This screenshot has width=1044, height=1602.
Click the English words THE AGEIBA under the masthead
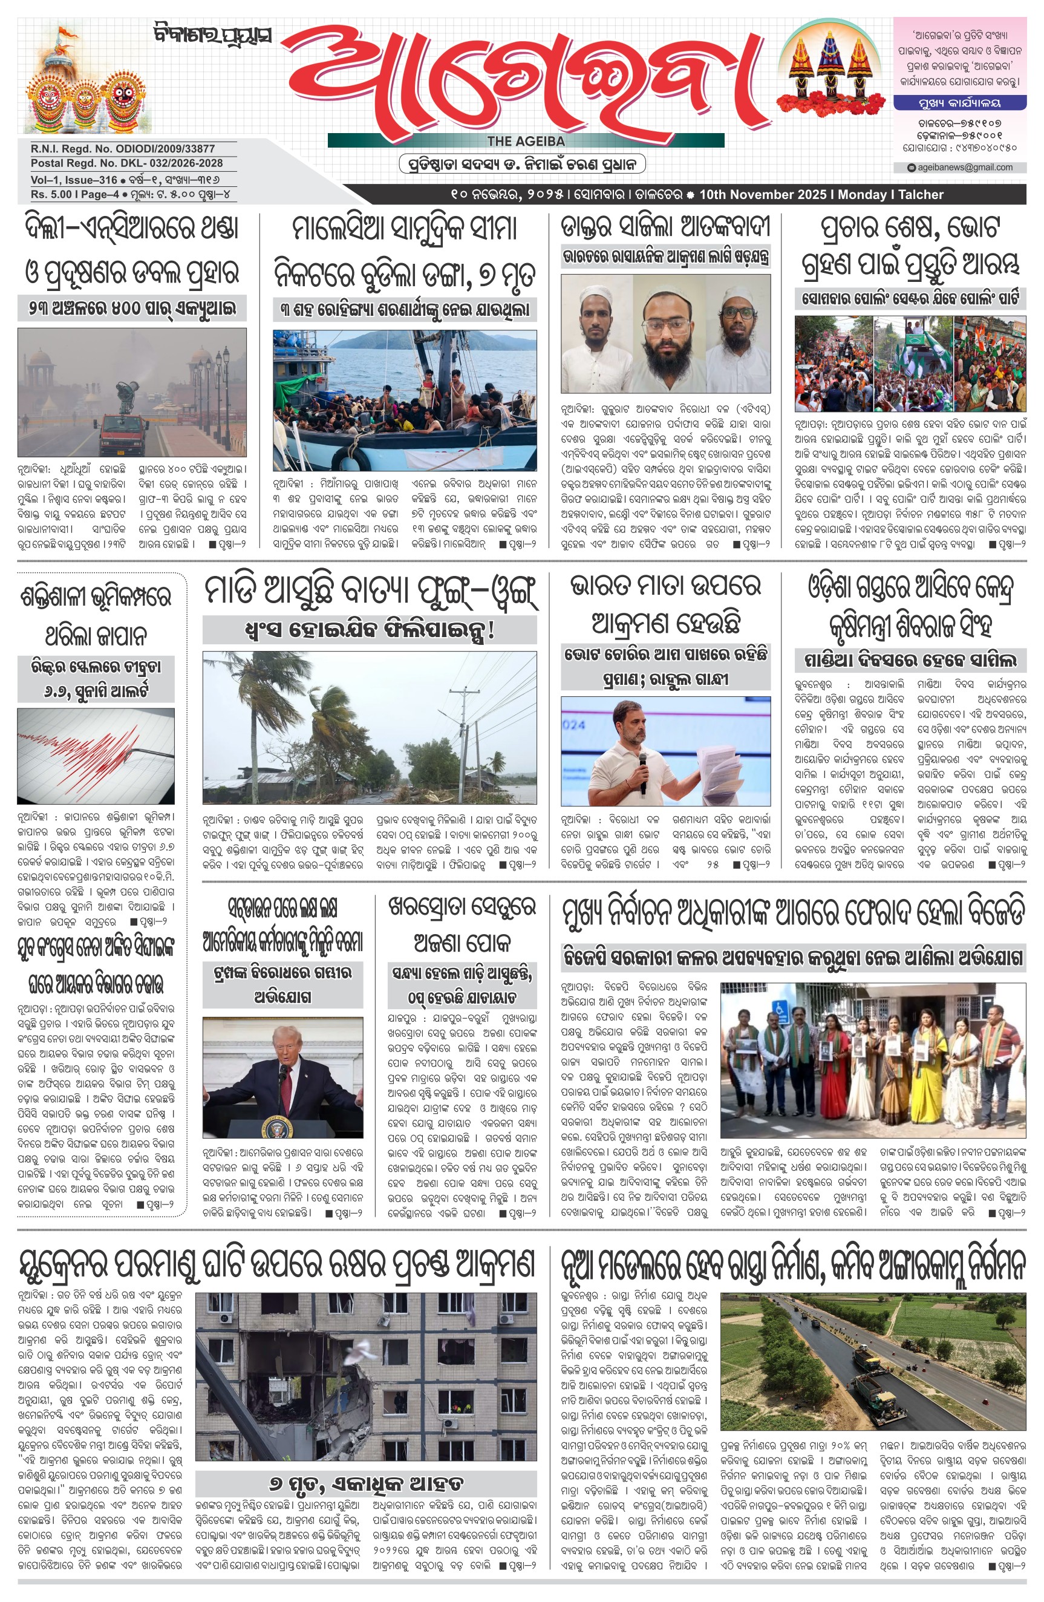tap(525, 141)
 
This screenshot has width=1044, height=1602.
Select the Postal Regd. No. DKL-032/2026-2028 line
tap(126, 163)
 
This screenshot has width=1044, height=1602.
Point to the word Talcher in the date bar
tap(920, 195)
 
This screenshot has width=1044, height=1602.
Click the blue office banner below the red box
tap(959, 103)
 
